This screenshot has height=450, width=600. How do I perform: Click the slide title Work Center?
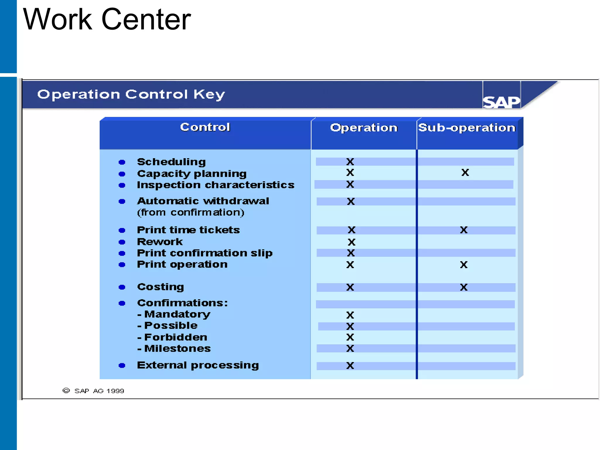click(107, 19)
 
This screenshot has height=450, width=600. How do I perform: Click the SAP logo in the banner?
click(501, 102)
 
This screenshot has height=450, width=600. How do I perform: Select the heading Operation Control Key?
click(131, 94)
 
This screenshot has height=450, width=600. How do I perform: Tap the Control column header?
click(205, 127)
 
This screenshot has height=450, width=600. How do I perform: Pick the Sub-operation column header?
click(467, 128)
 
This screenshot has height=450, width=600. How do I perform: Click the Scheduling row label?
click(171, 162)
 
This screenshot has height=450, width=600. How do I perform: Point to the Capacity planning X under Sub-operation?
click(465, 173)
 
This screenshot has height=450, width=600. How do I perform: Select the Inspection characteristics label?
click(216, 185)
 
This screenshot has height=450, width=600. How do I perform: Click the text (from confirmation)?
click(191, 212)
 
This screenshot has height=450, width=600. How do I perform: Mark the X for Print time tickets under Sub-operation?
click(464, 230)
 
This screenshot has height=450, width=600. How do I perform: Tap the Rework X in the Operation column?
click(352, 242)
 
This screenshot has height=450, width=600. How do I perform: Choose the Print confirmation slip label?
click(205, 253)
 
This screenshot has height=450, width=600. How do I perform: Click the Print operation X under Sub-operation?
click(464, 265)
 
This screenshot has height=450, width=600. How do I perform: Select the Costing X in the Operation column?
click(350, 287)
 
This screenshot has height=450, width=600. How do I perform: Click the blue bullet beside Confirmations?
click(122, 303)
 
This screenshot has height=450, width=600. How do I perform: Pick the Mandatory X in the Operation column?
click(350, 315)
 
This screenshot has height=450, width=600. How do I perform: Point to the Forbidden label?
click(175, 337)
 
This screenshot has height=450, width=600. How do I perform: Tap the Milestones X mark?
click(350, 348)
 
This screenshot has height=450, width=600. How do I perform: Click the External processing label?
click(198, 365)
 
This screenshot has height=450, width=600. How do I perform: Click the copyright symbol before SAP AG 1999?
click(66, 391)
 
